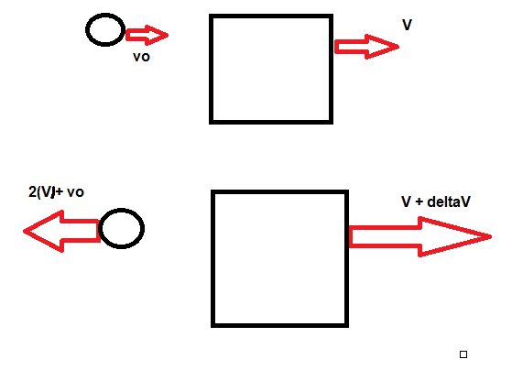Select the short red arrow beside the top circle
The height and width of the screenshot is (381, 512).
click(147, 36)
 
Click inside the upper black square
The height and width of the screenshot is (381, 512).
click(270, 69)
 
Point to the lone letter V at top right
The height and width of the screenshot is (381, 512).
click(407, 25)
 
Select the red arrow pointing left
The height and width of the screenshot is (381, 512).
click(60, 229)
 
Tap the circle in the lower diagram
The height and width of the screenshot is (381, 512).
click(121, 228)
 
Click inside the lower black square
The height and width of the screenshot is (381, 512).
click(280, 258)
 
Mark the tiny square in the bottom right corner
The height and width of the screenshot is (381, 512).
click(463, 354)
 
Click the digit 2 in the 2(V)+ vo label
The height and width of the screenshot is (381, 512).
click(33, 193)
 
